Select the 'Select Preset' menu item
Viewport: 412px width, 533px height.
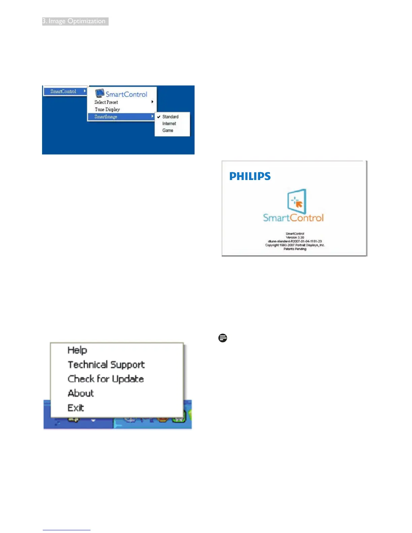tap(106, 102)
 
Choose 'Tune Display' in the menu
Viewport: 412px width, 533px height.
tap(107, 109)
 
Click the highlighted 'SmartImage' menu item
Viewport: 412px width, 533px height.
tap(106, 117)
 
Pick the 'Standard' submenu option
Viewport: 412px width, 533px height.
tap(170, 117)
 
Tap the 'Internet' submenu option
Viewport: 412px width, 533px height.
tap(169, 123)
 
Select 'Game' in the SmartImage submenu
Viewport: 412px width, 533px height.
tap(168, 131)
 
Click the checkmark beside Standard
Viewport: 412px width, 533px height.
tap(159, 117)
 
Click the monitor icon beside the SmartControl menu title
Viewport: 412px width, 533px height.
tap(99, 93)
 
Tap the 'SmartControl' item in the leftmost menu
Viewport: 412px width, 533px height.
tap(63, 91)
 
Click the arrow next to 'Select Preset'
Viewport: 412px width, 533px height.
tap(152, 102)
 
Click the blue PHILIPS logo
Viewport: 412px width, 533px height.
tap(250, 176)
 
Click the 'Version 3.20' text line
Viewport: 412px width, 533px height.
tap(295, 237)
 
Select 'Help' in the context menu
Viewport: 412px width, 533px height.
tap(77, 350)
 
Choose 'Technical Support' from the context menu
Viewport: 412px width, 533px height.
tap(106, 365)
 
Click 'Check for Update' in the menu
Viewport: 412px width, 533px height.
tap(106, 379)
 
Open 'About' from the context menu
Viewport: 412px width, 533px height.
tap(81, 393)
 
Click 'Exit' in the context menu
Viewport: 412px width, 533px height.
tap(76, 408)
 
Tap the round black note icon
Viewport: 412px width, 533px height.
tap(222, 338)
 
